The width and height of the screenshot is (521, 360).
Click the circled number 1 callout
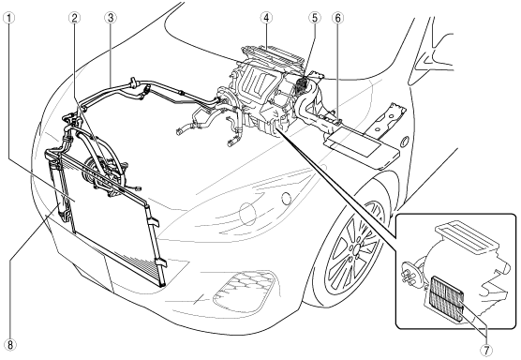point(8,18)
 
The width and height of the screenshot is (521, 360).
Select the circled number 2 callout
point(74,18)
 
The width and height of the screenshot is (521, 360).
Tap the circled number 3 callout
point(111,18)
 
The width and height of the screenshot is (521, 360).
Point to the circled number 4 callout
point(266,18)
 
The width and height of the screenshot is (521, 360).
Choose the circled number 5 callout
point(315,18)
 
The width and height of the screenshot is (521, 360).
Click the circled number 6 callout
point(338,18)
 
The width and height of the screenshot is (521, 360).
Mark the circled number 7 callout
point(486,350)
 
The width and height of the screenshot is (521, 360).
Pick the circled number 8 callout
point(10,344)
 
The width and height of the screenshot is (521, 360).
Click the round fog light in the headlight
point(287,199)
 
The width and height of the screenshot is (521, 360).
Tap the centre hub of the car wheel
point(355,248)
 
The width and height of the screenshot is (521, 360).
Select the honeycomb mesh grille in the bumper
point(245,290)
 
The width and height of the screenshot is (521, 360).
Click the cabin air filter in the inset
point(446,297)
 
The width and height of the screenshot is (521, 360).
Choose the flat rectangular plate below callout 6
point(363,147)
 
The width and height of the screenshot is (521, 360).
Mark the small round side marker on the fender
point(405,141)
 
